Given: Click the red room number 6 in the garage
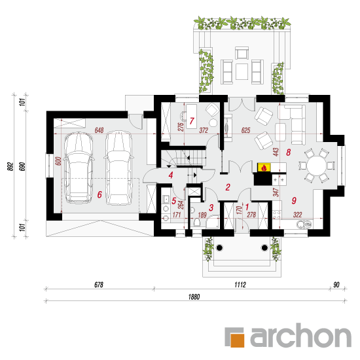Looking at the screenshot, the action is [x=99, y=194].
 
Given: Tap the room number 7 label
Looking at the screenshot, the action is [x=192, y=121].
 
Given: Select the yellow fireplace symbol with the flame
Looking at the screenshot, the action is [x=264, y=168].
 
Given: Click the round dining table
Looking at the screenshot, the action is [x=317, y=166].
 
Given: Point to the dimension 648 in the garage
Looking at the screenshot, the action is [x=99, y=130].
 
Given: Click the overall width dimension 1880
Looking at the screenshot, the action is [x=194, y=297].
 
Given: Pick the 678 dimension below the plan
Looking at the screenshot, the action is [x=99, y=285].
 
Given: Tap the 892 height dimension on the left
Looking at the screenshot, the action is [x=10, y=166].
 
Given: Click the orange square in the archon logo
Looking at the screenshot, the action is [x=237, y=340].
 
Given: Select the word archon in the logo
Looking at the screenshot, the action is [x=301, y=335].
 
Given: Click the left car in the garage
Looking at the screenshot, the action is [x=79, y=168].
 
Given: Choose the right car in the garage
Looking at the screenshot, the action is [x=118, y=168].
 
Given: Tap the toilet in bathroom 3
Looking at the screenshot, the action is [x=196, y=222].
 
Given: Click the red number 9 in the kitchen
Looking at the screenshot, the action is [x=294, y=200].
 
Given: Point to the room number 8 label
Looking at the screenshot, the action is [x=289, y=152].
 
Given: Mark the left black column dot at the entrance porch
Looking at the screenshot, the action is [x=219, y=247].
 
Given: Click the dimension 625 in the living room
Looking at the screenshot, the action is [x=245, y=130].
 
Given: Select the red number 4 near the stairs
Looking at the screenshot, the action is [x=171, y=175].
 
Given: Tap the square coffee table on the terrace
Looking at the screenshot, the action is [x=242, y=71].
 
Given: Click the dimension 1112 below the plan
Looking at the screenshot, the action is [x=240, y=285].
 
